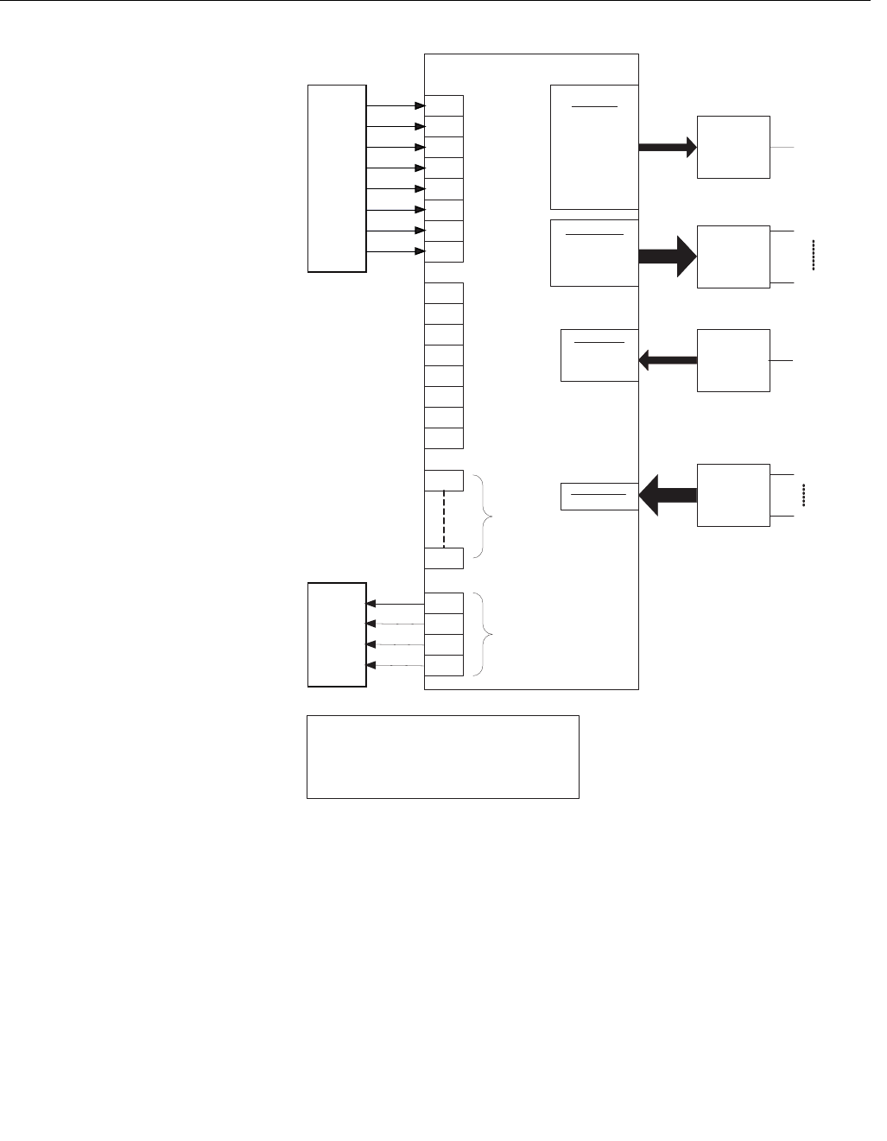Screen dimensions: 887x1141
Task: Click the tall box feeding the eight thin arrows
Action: pyautogui.click(x=337, y=179)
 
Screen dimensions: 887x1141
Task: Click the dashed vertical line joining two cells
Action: pyautogui.click(x=444, y=519)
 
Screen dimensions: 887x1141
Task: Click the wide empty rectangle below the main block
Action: pyautogui.click(x=442, y=757)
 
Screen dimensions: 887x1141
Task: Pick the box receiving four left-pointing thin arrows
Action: pyautogui.click(x=337, y=635)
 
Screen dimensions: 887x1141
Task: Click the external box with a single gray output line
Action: pyautogui.click(x=733, y=147)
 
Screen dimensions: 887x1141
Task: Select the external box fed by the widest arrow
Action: pyautogui.click(x=733, y=257)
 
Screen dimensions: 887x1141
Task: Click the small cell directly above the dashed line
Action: pyautogui.click(x=444, y=480)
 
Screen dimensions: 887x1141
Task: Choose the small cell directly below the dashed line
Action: pyautogui.click(x=444, y=558)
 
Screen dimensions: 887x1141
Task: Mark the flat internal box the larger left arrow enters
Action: pyautogui.click(x=599, y=496)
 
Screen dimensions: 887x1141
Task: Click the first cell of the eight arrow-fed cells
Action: pyautogui.click(x=444, y=106)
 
